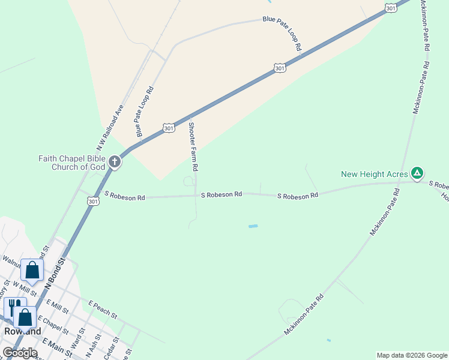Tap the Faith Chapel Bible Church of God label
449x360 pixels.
[x=71, y=163]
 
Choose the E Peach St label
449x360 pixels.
[x=102, y=310]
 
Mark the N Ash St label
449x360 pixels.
[x=91, y=346]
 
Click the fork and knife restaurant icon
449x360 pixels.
[x=12, y=308]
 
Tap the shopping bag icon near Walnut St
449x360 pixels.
[x=32, y=270]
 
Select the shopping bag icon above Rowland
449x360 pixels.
[x=26, y=317]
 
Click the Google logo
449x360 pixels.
[x=20, y=353]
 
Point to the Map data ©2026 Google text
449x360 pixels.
[x=412, y=355]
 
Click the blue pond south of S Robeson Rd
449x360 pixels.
[x=253, y=226]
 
